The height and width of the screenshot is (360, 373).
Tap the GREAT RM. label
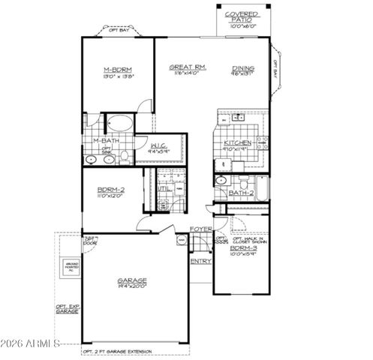pyautogui.click(x=188, y=67)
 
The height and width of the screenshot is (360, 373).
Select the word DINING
pyautogui.click(x=242, y=67)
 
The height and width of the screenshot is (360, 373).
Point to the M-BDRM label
pyautogui.click(x=118, y=72)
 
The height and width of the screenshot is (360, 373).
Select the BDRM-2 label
pyautogui.click(x=110, y=190)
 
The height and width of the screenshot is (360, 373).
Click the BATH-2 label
pyautogui.click(x=240, y=193)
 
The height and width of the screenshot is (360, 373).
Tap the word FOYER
pyautogui.click(x=200, y=228)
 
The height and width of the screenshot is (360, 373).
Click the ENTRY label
pyautogui.click(x=200, y=261)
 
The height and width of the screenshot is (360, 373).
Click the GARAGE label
pyautogui.click(x=132, y=281)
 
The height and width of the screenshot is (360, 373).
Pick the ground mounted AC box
pyautogui.click(x=71, y=268)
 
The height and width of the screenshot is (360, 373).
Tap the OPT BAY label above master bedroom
pyautogui.click(x=119, y=31)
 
